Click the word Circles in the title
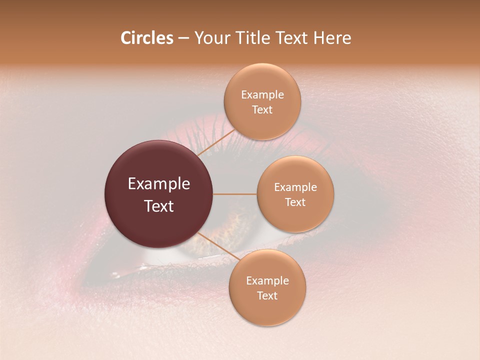click(146, 38)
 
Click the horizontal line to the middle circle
click(235, 194)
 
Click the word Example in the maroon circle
click(159, 184)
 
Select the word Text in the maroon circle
click(159, 206)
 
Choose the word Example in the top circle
click(262, 95)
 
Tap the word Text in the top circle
click(262, 110)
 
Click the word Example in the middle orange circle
click(295, 187)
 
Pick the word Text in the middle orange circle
click(295, 202)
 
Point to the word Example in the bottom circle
click(267, 281)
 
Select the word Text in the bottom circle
click(267, 296)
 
